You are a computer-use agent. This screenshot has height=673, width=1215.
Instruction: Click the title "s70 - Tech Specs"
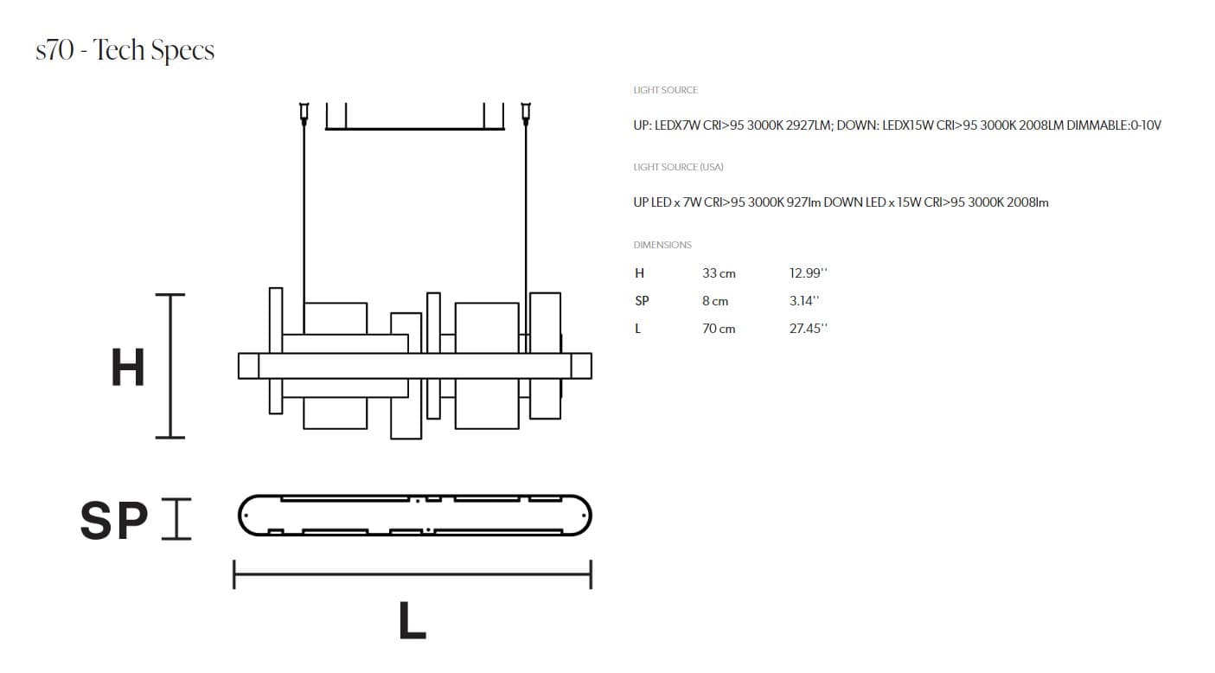point(125,50)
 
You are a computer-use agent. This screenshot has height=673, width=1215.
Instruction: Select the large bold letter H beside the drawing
point(128,368)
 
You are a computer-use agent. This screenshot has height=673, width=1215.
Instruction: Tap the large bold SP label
point(114,520)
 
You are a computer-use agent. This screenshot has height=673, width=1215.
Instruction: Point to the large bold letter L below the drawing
point(412,621)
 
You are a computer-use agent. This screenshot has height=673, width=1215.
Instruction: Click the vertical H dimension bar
point(170,366)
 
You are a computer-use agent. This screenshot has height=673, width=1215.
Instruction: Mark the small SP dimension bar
point(176,519)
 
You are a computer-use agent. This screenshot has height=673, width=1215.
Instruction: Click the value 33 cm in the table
point(719,273)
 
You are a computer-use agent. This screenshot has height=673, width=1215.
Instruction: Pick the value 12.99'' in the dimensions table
point(808,273)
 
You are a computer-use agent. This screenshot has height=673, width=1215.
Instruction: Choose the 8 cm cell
point(715,301)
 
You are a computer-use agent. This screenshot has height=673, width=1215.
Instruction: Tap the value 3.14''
point(803,301)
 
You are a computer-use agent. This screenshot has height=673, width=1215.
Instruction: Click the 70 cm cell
point(719,329)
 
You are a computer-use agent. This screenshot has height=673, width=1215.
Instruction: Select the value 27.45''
point(808,329)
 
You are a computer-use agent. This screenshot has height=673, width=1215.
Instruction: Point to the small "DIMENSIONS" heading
point(662,245)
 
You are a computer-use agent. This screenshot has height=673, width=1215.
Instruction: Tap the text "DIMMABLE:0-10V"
point(1114,125)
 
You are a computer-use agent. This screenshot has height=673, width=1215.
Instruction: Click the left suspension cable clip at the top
point(304,113)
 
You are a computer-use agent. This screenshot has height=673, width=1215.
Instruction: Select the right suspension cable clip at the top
point(525,113)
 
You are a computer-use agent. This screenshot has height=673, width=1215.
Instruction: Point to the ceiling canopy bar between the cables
point(414,129)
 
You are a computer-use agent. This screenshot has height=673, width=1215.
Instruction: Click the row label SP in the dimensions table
point(642,301)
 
